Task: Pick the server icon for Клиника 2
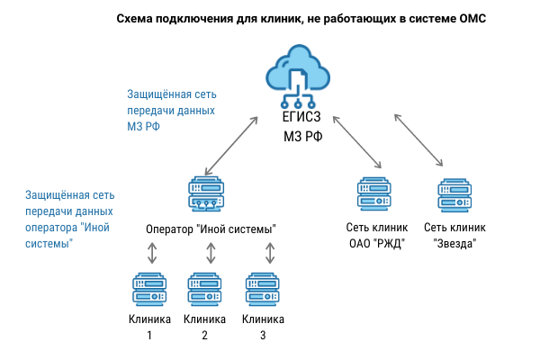(x=204, y=290)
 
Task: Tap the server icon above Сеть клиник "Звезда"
(x=454, y=194)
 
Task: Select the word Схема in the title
(x=138, y=17)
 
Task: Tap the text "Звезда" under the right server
(x=454, y=243)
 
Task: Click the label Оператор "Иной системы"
(x=210, y=229)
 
